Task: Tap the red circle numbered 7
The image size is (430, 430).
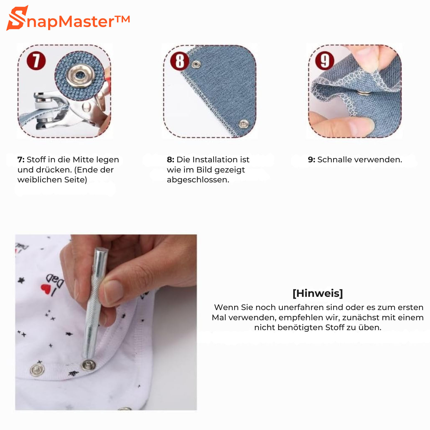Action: click(36, 61)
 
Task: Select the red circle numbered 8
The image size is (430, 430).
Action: click(180, 61)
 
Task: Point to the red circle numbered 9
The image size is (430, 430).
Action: click(325, 61)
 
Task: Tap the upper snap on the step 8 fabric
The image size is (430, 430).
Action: click(196, 64)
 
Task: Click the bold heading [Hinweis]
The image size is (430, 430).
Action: click(318, 293)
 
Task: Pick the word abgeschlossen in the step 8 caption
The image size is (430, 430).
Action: click(198, 180)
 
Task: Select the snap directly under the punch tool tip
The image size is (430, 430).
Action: click(88, 365)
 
